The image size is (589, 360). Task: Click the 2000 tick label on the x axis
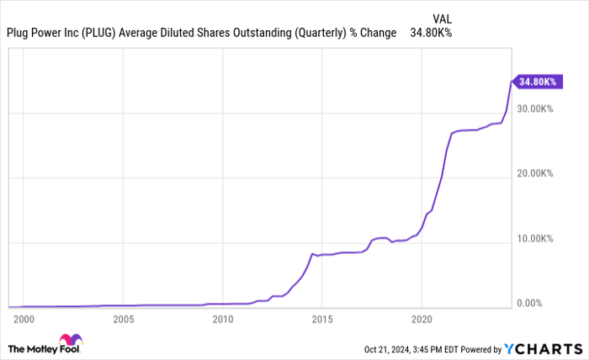point(24,320)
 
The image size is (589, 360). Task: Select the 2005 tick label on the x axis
point(123,320)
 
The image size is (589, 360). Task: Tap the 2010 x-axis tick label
point(222,320)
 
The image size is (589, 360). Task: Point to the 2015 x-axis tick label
point(321,320)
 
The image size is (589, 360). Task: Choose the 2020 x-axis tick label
point(421,320)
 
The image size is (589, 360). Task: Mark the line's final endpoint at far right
point(512,81)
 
